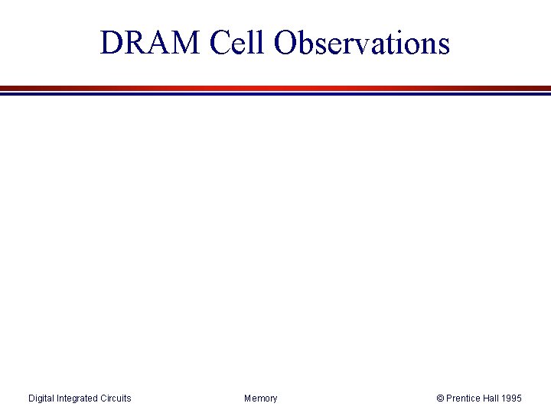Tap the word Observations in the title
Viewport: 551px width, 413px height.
pyautogui.click(x=362, y=44)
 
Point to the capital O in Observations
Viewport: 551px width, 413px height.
pyautogui.click(x=285, y=44)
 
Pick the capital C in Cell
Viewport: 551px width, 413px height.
pyautogui.click(x=220, y=44)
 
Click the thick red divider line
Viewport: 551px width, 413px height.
pyautogui.click(x=275, y=88)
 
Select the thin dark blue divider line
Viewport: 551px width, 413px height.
pyautogui.click(x=275, y=93)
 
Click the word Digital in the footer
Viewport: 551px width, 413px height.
pyautogui.click(x=41, y=398)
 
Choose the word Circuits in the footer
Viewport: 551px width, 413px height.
pyautogui.click(x=116, y=398)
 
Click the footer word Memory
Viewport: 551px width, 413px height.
pyautogui.click(x=261, y=398)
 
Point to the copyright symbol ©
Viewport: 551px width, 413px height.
pyautogui.click(x=440, y=398)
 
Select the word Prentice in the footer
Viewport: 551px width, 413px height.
pyautogui.click(x=464, y=398)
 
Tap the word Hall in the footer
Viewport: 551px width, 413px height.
pyautogui.click(x=494, y=398)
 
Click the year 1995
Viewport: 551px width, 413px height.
pyautogui.click(x=514, y=398)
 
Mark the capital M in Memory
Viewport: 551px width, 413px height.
pyautogui.click(x=248, y=398)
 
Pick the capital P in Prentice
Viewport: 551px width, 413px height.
pyautogui.click(x=450, y=398)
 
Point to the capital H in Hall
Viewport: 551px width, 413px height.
pyautogui.click(x=487, y=398)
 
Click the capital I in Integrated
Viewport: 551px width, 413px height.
pyautogui.click(x=59, y=398)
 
